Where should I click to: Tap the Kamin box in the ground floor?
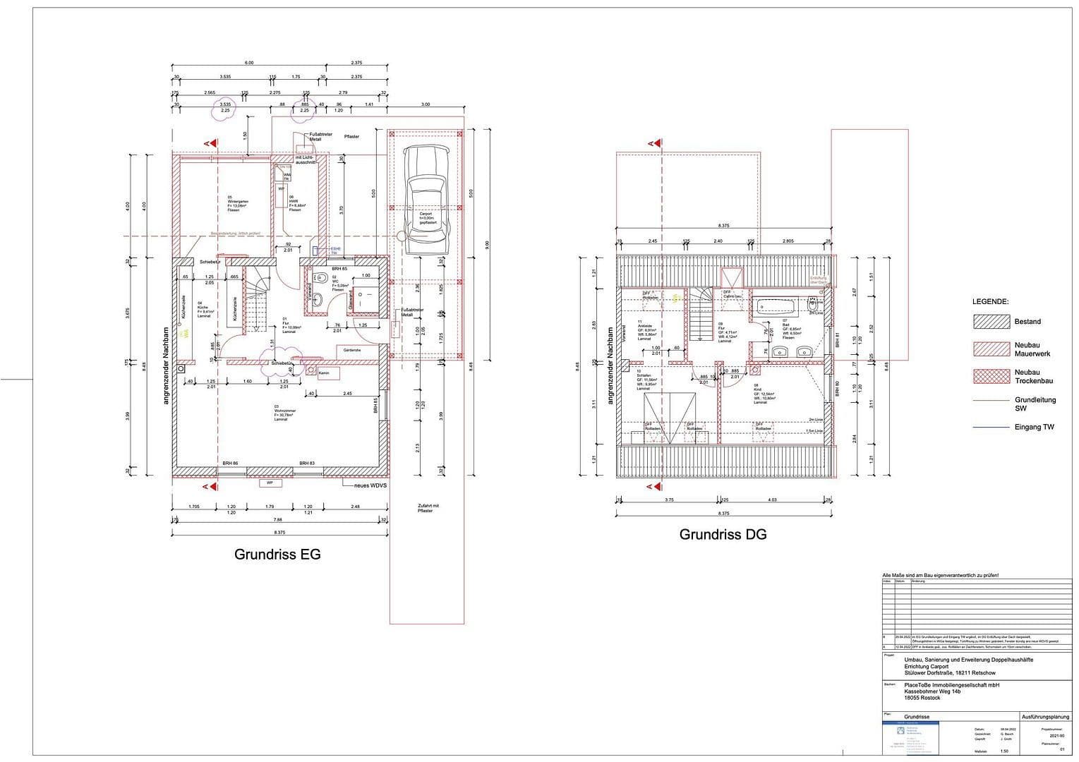[x=325, y=373]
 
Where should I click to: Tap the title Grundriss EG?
[x=277, y=555]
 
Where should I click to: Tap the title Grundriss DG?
[x=723, y=535]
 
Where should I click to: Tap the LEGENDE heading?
[x=990, y=301]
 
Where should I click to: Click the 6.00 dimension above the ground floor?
[x=248, y=63]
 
